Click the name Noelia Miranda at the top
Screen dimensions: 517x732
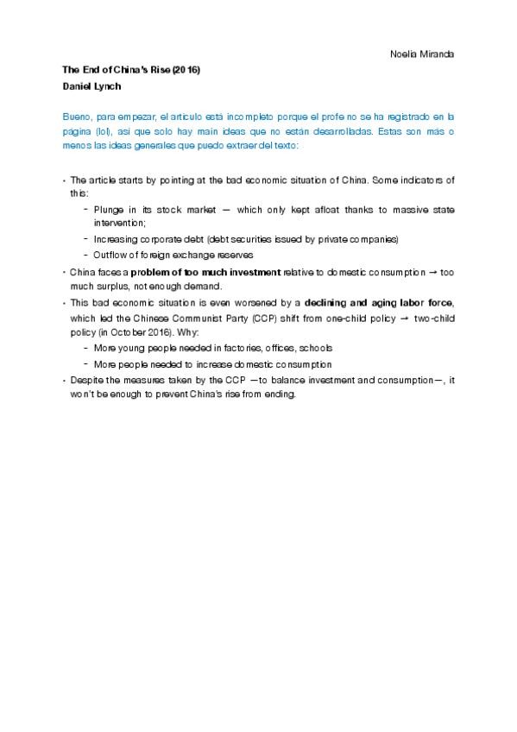coord(423,54)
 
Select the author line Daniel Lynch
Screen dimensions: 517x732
coord(90,86)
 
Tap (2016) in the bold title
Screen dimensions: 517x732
coord(186,69)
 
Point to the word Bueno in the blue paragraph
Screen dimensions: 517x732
coord(77,115)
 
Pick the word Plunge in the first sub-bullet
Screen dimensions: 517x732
coord(109,210)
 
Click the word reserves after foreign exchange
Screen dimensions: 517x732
coord(234,255)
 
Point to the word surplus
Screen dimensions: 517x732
coord(111,287)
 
